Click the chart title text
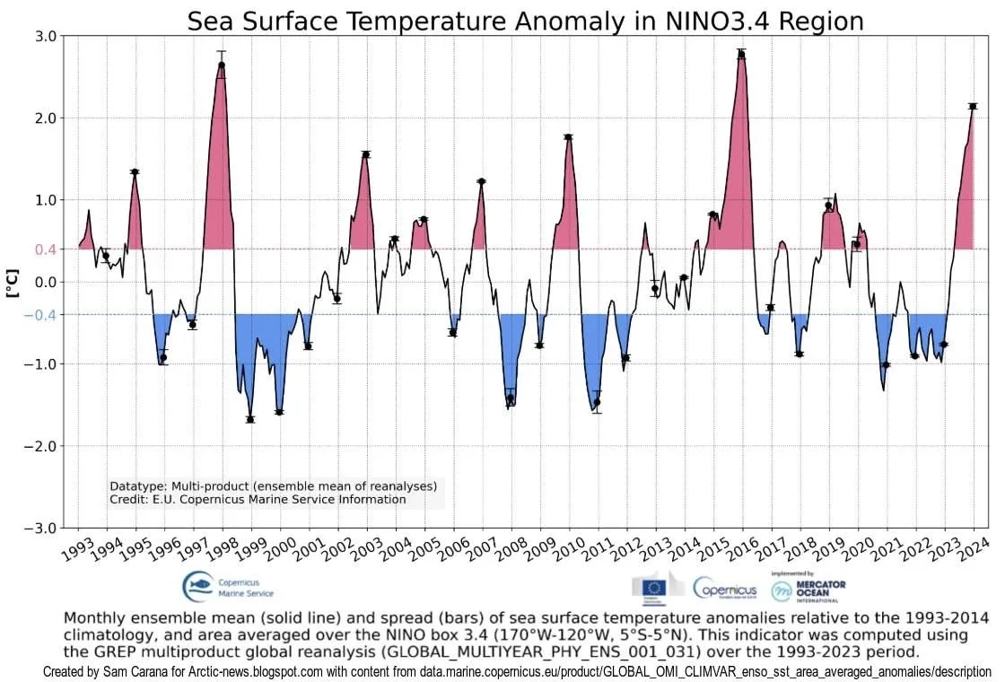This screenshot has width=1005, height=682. point(525,21)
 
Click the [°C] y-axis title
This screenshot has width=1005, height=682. point(13,282)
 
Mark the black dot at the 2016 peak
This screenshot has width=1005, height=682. point(741,55)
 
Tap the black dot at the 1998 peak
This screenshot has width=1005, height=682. point(222,65)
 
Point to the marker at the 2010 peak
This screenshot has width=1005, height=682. point(569,137)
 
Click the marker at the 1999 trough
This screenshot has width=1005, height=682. point(250,419)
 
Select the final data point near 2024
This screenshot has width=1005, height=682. point(973,107)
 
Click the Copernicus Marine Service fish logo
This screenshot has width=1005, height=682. point(199,588)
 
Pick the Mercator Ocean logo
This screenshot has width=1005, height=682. point(808,588)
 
